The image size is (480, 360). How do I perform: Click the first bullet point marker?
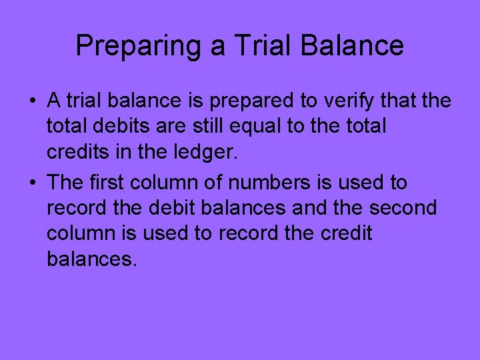click(x=32, y=101)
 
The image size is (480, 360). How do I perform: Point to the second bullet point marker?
click(x=32, y=183)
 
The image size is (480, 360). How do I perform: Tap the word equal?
click(x=283, y=127)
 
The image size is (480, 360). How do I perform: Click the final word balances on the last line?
click(x=91, y=259)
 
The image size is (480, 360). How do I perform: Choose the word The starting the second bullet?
click(x=66, y=183)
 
